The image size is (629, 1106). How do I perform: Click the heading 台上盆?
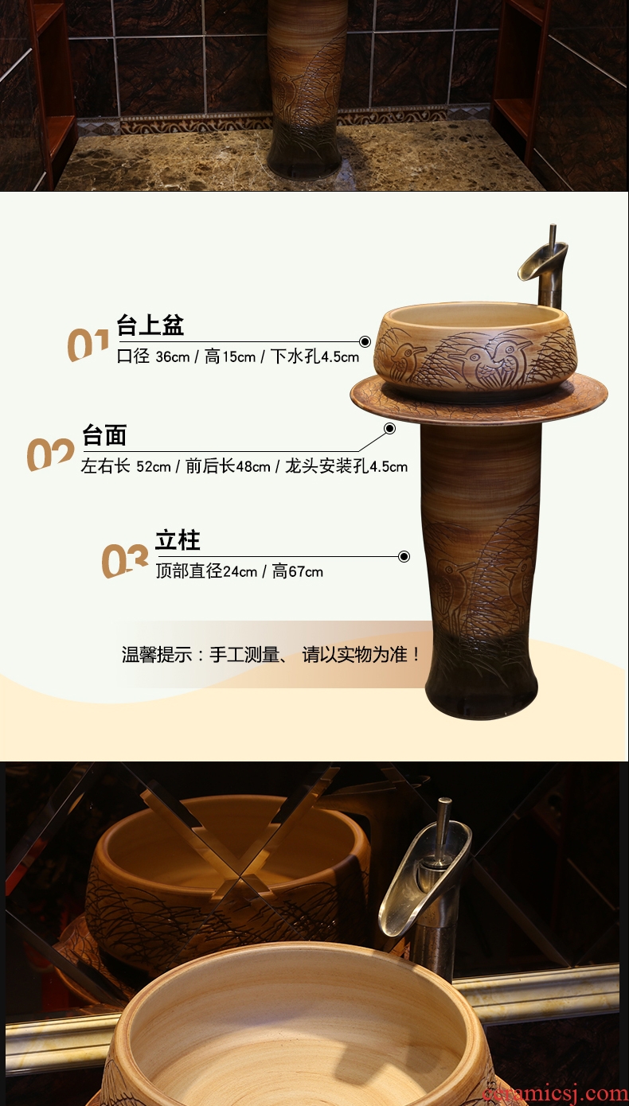(150, 325)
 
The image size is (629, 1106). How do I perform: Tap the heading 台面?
(104, 435)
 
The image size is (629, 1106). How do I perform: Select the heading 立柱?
(178, 540)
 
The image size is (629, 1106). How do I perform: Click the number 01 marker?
(88, 345)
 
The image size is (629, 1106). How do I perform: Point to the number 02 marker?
(50, 454)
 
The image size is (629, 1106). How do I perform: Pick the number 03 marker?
(125, 560)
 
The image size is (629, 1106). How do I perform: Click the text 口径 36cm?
(153, 356)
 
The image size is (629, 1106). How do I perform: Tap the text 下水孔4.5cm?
(314, 356)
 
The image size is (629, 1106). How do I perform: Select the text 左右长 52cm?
(126, 466)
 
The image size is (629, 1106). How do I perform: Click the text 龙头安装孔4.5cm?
(346, 466)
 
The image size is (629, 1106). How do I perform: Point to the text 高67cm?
(298, 572)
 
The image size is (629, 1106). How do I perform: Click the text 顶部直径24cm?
(206, 572)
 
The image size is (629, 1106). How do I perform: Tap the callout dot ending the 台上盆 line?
(365, 341)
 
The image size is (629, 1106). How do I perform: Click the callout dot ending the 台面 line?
(390, 429)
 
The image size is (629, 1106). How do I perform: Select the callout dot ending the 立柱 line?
(404, 557)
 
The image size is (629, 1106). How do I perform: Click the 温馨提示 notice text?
(272, 655)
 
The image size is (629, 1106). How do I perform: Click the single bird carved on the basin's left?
(406, 359)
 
